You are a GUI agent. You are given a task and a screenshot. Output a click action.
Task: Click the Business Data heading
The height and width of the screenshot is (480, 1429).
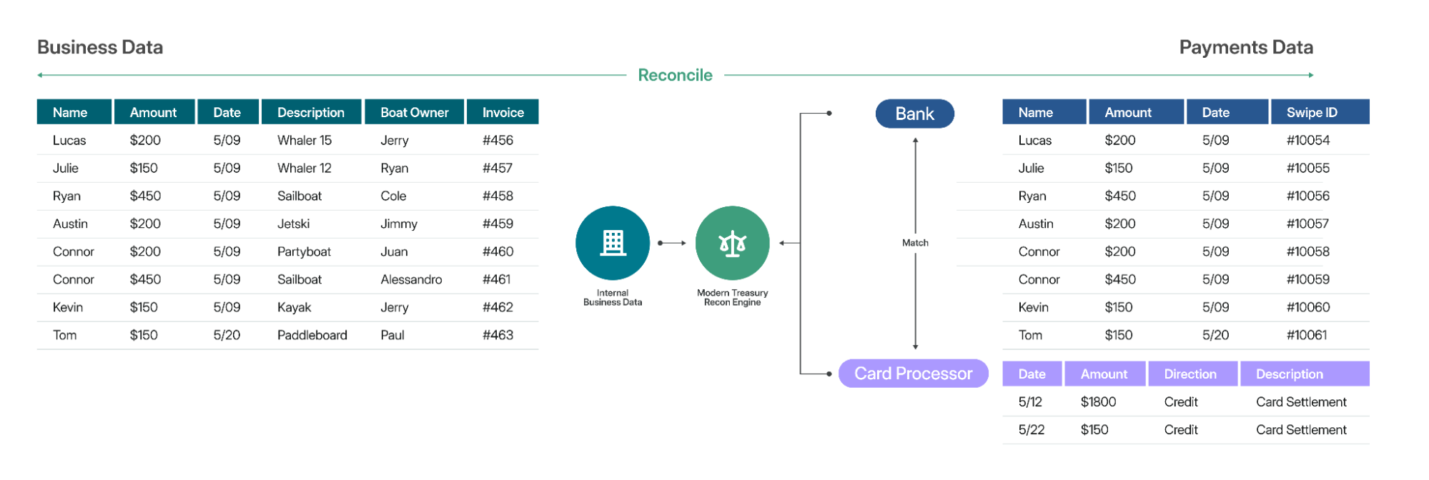pyautogui.click(x=100, y=47)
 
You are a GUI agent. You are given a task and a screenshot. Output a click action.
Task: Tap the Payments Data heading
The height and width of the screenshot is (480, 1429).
pyautogui.click(x=1245, y=47)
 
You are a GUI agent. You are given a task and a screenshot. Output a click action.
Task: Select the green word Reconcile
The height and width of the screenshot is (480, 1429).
pyautogui.click(x=675, y=75)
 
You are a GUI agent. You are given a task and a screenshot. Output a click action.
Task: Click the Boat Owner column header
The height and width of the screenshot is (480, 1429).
pyautogui.click(x=414, y=112)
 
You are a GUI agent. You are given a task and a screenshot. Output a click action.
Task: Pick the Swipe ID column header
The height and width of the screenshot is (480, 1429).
pyautogui.click(x=1311, y=112)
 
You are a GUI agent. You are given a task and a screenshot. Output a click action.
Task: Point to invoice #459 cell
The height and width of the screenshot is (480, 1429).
pyautogui.click(x=498, y=224)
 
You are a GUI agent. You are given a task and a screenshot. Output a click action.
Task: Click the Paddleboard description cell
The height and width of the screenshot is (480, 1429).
pyautogui.click(x=312, y=335)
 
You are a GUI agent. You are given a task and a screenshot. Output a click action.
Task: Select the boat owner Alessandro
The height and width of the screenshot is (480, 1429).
pyautogui.click(x=411, y=279)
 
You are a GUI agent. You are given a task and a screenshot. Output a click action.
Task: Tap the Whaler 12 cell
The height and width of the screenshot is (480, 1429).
pyautogui.click(x=304, y=168)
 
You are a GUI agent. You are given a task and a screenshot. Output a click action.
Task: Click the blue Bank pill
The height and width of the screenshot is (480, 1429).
pyautogui.click(x=914, y=114)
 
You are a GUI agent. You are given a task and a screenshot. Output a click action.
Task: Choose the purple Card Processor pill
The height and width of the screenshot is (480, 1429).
pyautogui.click(x=913, y=374)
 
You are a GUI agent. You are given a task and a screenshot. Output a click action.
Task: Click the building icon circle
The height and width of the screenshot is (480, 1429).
pyautogui.click(x=613, y=243)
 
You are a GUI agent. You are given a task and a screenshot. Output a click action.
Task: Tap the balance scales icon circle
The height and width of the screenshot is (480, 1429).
pyautogui.click(x=732, y=243)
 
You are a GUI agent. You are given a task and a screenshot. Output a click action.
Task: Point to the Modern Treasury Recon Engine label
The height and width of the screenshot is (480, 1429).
pyautogui.click(x=732, y=297)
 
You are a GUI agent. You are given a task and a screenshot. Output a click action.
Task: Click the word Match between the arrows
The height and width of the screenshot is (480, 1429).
pyautogui.click(x=915, y=243)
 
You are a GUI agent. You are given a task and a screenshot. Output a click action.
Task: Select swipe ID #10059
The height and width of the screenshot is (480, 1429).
pyautogui.click(x=1307, y=279)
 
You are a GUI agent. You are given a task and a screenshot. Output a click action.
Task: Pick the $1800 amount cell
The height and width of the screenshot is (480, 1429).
pyautogui.click(x=1098, y=402)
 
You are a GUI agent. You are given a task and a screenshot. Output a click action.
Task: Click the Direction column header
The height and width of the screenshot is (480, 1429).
pyautogui.click(x=1190, y=374)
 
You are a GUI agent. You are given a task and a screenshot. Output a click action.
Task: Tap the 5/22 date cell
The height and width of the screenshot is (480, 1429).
pyautogui.click(x=1031, y=430)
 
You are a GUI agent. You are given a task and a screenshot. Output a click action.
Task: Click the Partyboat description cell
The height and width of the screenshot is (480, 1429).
pyautogui.click(x=304, y=251)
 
